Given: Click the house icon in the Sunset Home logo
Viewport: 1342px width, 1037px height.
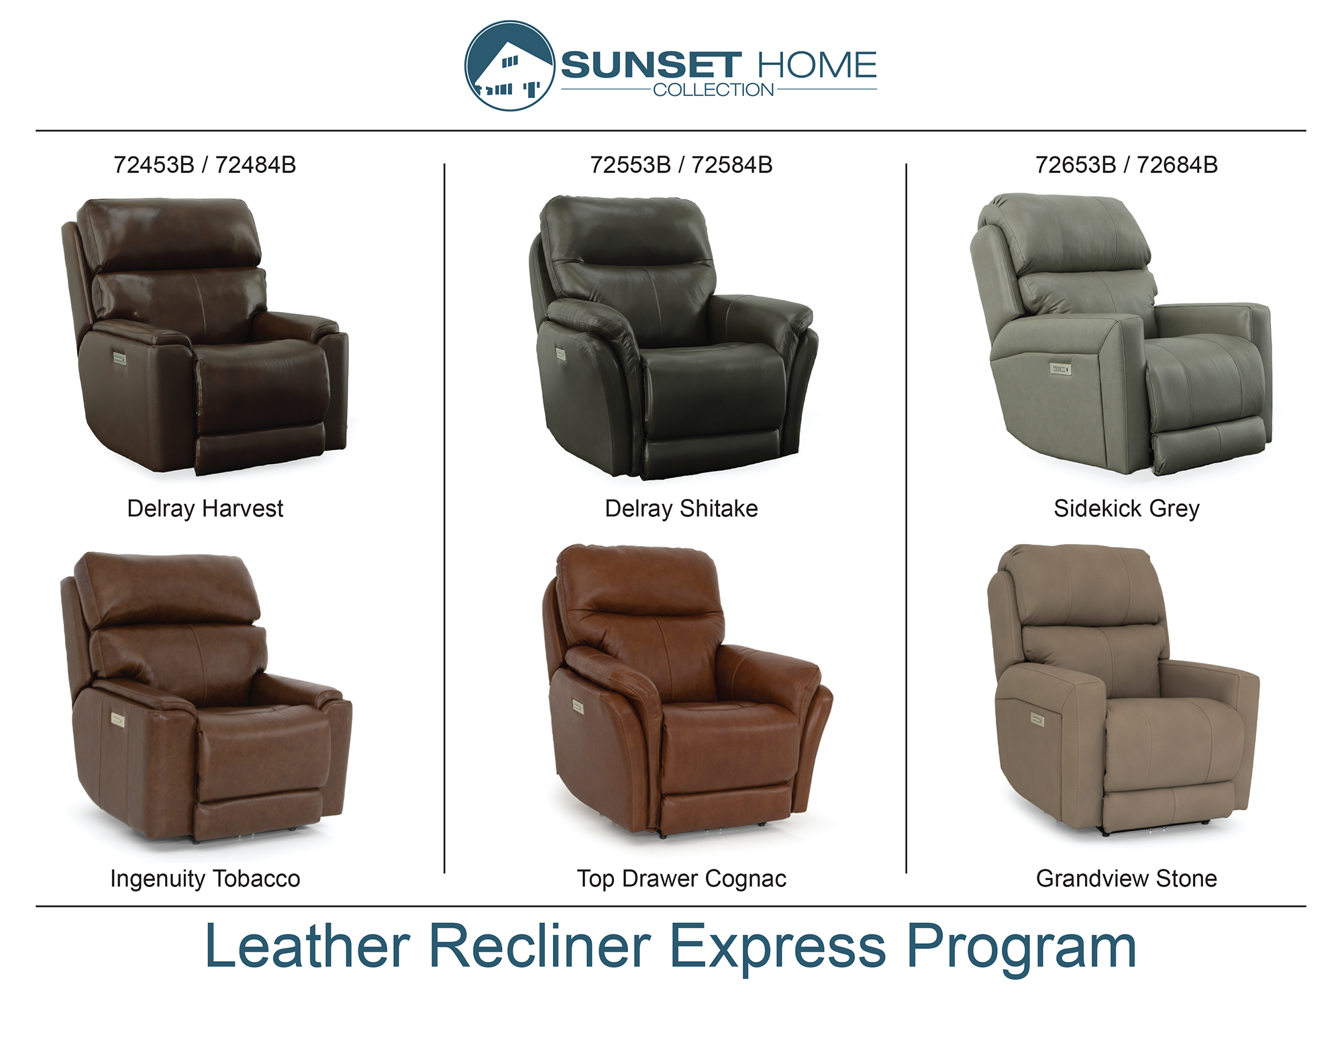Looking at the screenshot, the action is (510, 66).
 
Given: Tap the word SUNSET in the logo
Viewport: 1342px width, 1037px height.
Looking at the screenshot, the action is (651, 66).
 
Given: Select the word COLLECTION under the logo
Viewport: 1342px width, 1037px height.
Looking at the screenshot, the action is (713, 90).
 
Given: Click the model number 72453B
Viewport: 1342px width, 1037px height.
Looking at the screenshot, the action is (154, 165).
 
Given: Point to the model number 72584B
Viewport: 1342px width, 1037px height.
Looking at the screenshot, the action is (732, 165).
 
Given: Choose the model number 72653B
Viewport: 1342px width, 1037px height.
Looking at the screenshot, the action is (1076, 165).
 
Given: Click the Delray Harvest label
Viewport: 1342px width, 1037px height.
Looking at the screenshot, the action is (205, 508).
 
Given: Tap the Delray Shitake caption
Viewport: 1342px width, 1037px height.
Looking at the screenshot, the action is (681, 508).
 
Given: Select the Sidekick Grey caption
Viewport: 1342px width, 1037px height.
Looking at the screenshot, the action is (1127, 509).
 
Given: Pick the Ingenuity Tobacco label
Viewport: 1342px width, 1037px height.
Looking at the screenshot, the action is (205, 879).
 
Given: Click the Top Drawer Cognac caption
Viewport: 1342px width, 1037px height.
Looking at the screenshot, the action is (682, 879).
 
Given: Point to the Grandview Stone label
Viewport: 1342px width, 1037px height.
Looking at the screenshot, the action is (1127, 878).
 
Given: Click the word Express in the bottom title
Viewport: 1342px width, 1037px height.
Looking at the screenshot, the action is (778, 947).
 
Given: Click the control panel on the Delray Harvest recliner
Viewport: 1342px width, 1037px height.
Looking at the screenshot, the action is (119, 359).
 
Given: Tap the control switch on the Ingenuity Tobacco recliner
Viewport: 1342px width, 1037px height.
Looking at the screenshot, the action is (117, 720).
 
